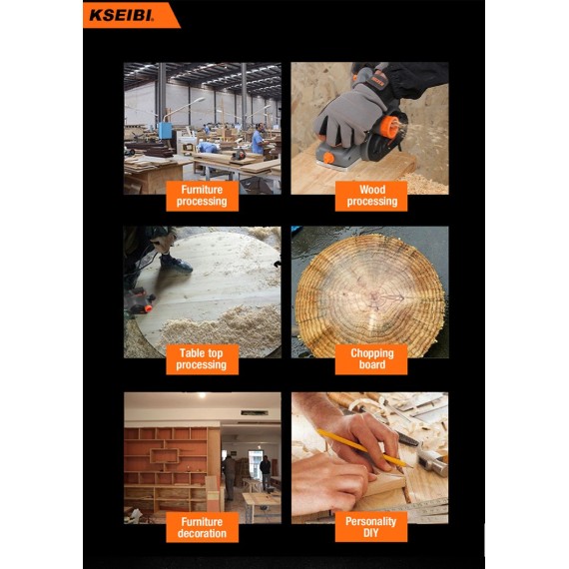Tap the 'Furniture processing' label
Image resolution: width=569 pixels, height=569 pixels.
tap(202, 195)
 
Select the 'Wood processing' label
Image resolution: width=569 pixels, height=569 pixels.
tap(371, 195)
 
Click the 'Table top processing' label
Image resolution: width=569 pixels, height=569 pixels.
tap(202, 358)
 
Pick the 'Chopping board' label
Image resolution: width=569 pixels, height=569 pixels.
tap(371, 358)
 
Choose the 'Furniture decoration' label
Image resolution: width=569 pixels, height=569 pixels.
tap(202, 527)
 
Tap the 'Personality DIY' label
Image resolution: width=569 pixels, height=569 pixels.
tap(371, 527)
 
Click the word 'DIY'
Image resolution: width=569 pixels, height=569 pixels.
tap(371, 534)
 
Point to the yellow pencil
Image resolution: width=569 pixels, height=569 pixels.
tap(359, 448)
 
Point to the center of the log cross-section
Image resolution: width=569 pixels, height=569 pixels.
tap(376, 294)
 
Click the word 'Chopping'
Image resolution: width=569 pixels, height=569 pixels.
tap(371, 352)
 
